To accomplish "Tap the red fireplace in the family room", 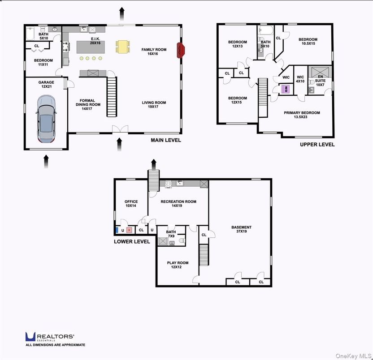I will click(x=181, y=50).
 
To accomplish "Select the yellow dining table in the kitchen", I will click(x=123, y=46).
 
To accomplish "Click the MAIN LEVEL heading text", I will click(x=166, y=140).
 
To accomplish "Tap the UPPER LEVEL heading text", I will click(x=317, y=145).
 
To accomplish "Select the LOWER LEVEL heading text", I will click(x=132, y=241).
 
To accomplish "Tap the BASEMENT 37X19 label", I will click(x=241, y=230).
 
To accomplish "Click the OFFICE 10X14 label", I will click(x=131, y=204).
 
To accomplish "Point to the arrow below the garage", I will click(x=46, y=161).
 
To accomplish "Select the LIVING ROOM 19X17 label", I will click(x=154, y=105).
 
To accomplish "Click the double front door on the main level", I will click(x=119, y=129).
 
